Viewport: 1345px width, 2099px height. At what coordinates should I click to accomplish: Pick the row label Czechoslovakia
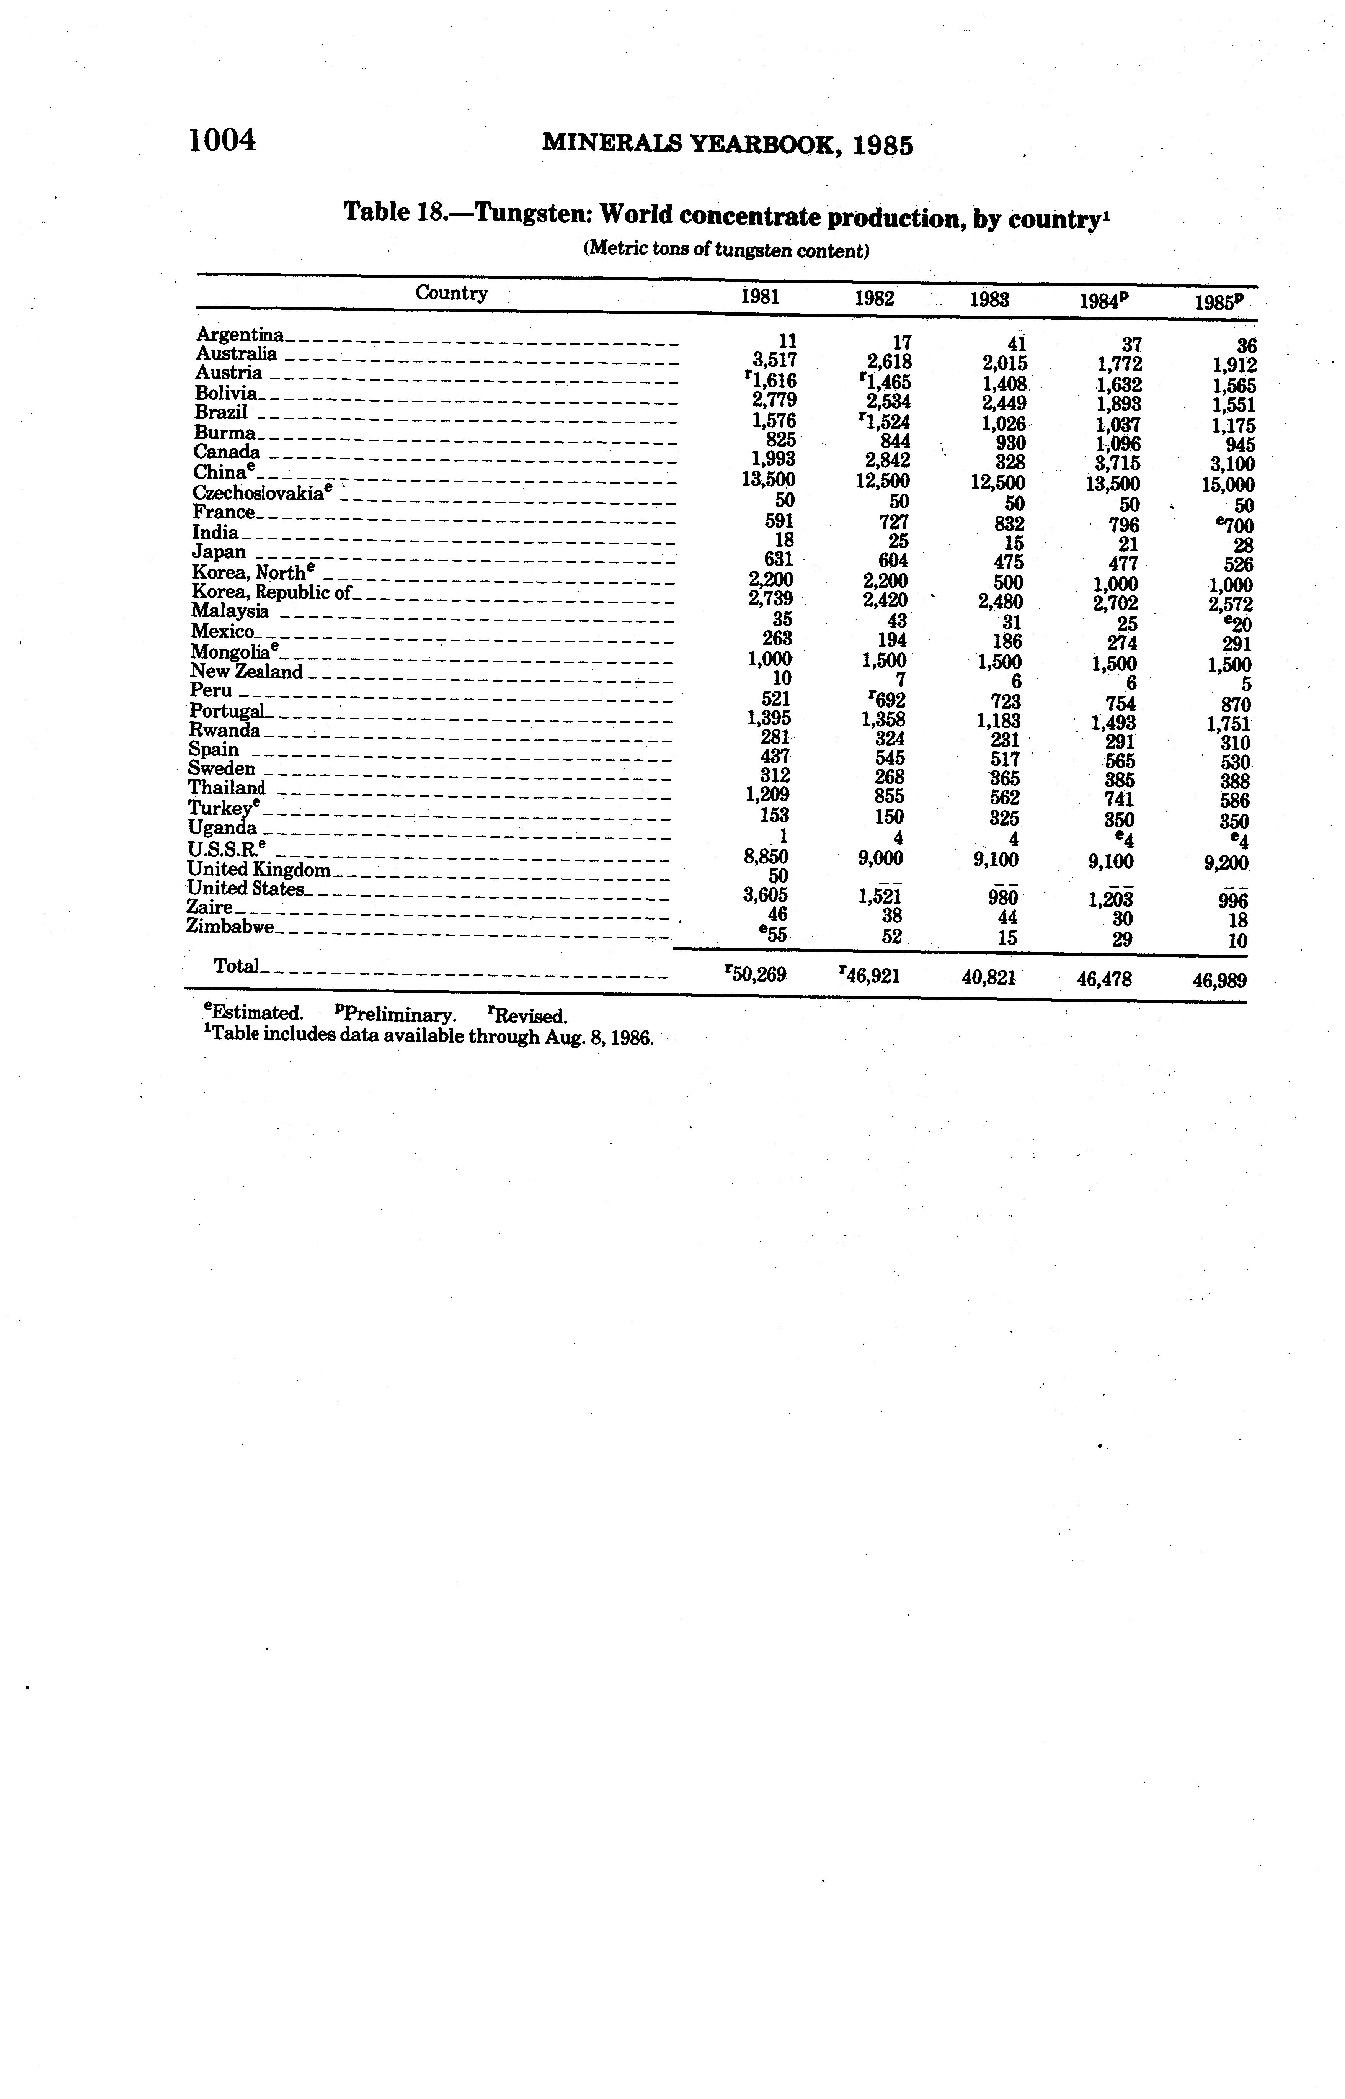coord(260,493)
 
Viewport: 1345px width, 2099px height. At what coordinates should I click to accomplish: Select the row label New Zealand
coord(246,672)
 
